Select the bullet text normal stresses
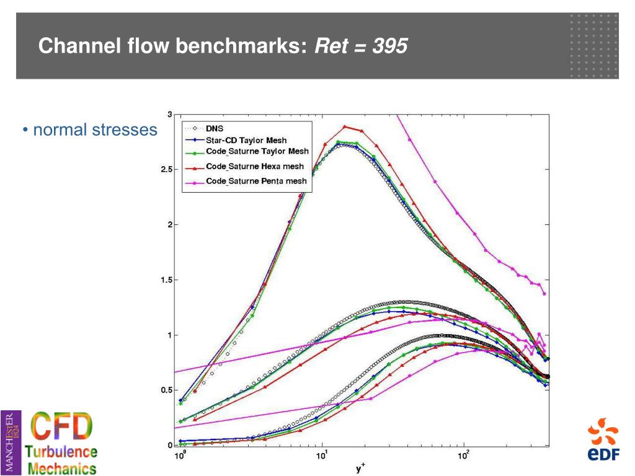click(95, 130)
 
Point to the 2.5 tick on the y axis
click(166, 169)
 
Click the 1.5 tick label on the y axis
click(166, 280)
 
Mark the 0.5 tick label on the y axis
click(166, 390)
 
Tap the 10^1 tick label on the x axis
click(322, 457)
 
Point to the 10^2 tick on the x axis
click(463, 457)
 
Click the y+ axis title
click(360, 469)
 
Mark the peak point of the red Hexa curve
click(345, 126)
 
